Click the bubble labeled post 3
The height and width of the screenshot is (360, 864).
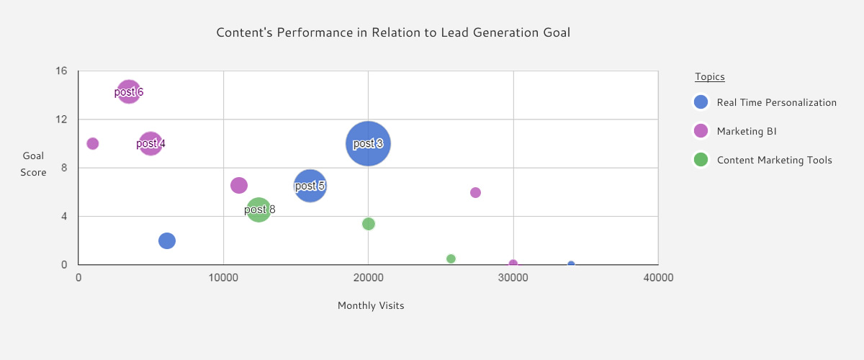(368, 143)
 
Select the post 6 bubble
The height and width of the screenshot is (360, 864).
(128, 91)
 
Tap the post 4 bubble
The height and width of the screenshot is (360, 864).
(150, 143)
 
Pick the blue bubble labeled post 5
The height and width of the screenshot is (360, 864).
(310, 186)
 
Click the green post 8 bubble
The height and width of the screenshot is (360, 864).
(258, 210)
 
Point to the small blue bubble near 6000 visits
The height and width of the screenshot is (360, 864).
(167, 240)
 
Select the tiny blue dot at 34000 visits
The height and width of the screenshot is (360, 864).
(571, 265)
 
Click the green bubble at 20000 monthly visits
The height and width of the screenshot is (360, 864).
(369, 224)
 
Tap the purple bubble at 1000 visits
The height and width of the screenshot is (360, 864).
(92, 143)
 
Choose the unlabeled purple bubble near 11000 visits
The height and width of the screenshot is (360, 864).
(239, 185)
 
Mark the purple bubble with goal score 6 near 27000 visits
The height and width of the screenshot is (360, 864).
(475, 192)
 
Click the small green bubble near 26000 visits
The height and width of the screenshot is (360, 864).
(451, 258)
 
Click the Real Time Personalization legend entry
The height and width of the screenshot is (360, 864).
(776, 102)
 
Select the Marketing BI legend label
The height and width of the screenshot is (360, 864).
(746, 131)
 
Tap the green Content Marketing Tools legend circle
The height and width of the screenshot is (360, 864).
(701, 160)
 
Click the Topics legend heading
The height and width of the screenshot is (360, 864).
(709, 76)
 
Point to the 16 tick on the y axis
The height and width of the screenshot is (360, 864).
(62, 71)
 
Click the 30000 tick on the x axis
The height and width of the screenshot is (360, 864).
(513, 278)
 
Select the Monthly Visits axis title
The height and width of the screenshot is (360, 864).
(371, 305)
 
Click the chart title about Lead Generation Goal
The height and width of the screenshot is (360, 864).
(398, 33)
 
